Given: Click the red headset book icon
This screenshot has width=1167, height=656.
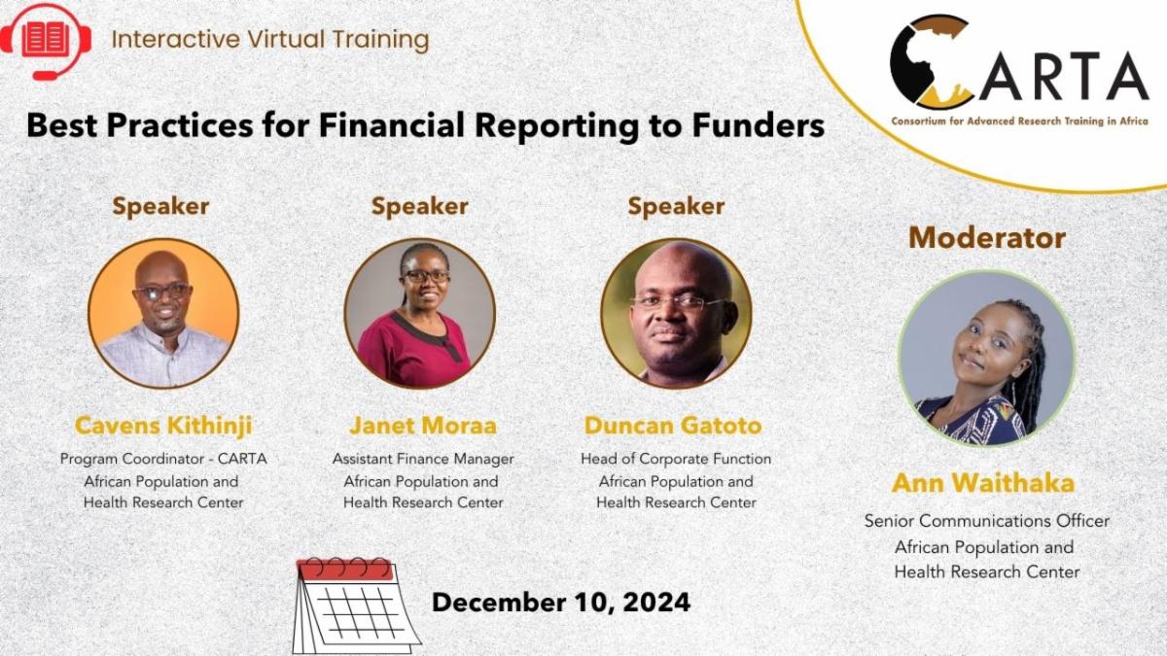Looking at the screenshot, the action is click(x=46, y=42).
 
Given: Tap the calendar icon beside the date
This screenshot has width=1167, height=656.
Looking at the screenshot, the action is click(x=357, y=606).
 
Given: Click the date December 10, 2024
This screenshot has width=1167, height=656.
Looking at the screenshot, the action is click(x=561, y=603).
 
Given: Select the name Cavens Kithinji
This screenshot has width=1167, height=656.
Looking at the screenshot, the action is click(x=163, y=426).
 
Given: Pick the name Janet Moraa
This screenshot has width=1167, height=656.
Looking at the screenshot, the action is click(x=422, y=426).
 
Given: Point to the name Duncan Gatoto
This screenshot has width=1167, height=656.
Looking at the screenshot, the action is click(x=673, y=426).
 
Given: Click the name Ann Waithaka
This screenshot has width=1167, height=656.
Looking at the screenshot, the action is click(x=983, y=483).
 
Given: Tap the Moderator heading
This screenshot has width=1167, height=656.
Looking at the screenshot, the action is click(x=987, y=238).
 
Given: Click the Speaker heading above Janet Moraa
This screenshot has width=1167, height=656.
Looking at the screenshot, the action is click(x=419, y=207).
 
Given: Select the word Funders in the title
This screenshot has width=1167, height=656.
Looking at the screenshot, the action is click(x=759, y=125).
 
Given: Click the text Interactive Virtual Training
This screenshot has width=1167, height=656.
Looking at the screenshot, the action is click(x=270, y=40).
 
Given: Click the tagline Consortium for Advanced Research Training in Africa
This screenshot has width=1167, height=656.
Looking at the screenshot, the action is click(x=1019, y=121).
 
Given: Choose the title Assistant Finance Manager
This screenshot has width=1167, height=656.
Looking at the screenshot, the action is click(x=423, y=459).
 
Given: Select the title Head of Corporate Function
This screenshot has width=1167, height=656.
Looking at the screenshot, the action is click(x=676, y=459).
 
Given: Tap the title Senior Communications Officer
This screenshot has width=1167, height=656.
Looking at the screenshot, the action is click(x=987, y=521).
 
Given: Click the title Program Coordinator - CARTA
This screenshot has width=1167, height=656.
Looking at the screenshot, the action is click(x=163, y=459).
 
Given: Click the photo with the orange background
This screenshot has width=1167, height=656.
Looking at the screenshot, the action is click(x=163, y=313).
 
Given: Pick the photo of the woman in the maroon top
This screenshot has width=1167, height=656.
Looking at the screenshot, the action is click(x=419, y=313).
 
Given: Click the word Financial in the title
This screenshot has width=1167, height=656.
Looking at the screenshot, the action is click(x=391, y=125).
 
